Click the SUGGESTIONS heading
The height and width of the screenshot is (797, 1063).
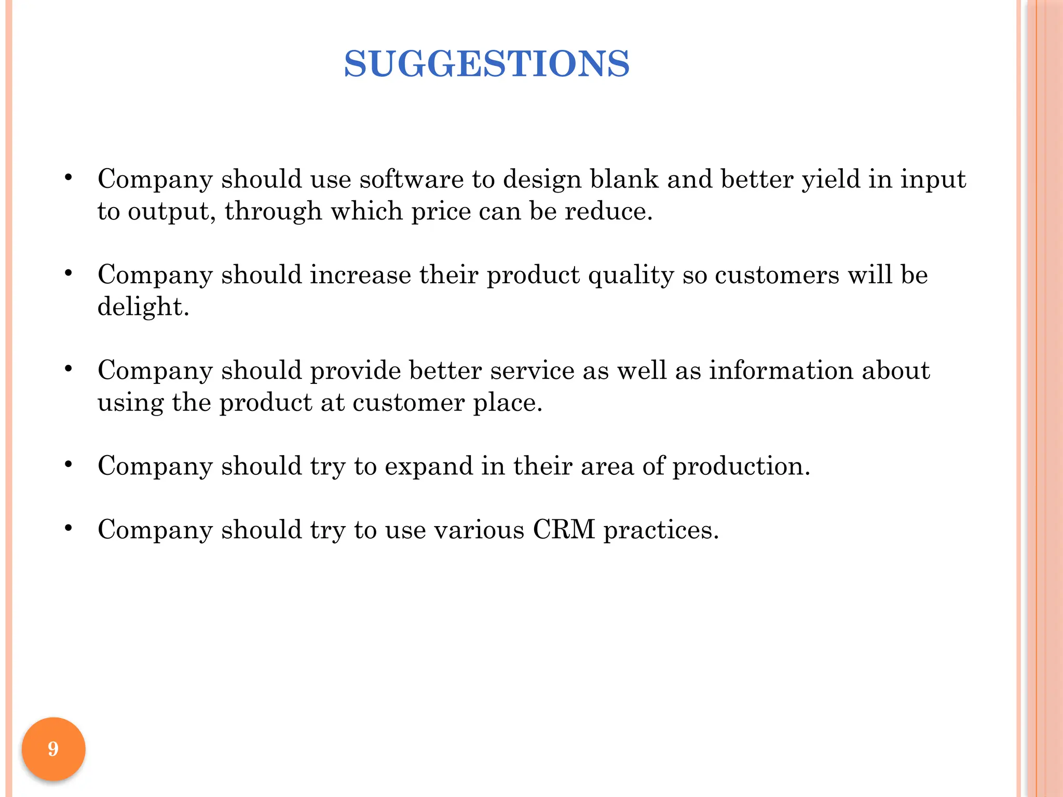coord(486,64)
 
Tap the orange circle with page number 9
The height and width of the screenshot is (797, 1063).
coord(53,749)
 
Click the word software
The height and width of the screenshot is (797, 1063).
coord(411,180)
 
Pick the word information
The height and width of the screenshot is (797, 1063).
coord(781,370)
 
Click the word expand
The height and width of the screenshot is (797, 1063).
coord(429,466)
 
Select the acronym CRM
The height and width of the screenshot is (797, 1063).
coord(564,530)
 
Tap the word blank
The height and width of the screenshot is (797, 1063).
coord(624,180)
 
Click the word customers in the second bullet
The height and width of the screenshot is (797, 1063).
coord(776,275)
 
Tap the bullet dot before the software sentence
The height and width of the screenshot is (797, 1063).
coord(68,178)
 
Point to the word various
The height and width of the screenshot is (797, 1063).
coord(479,530)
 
